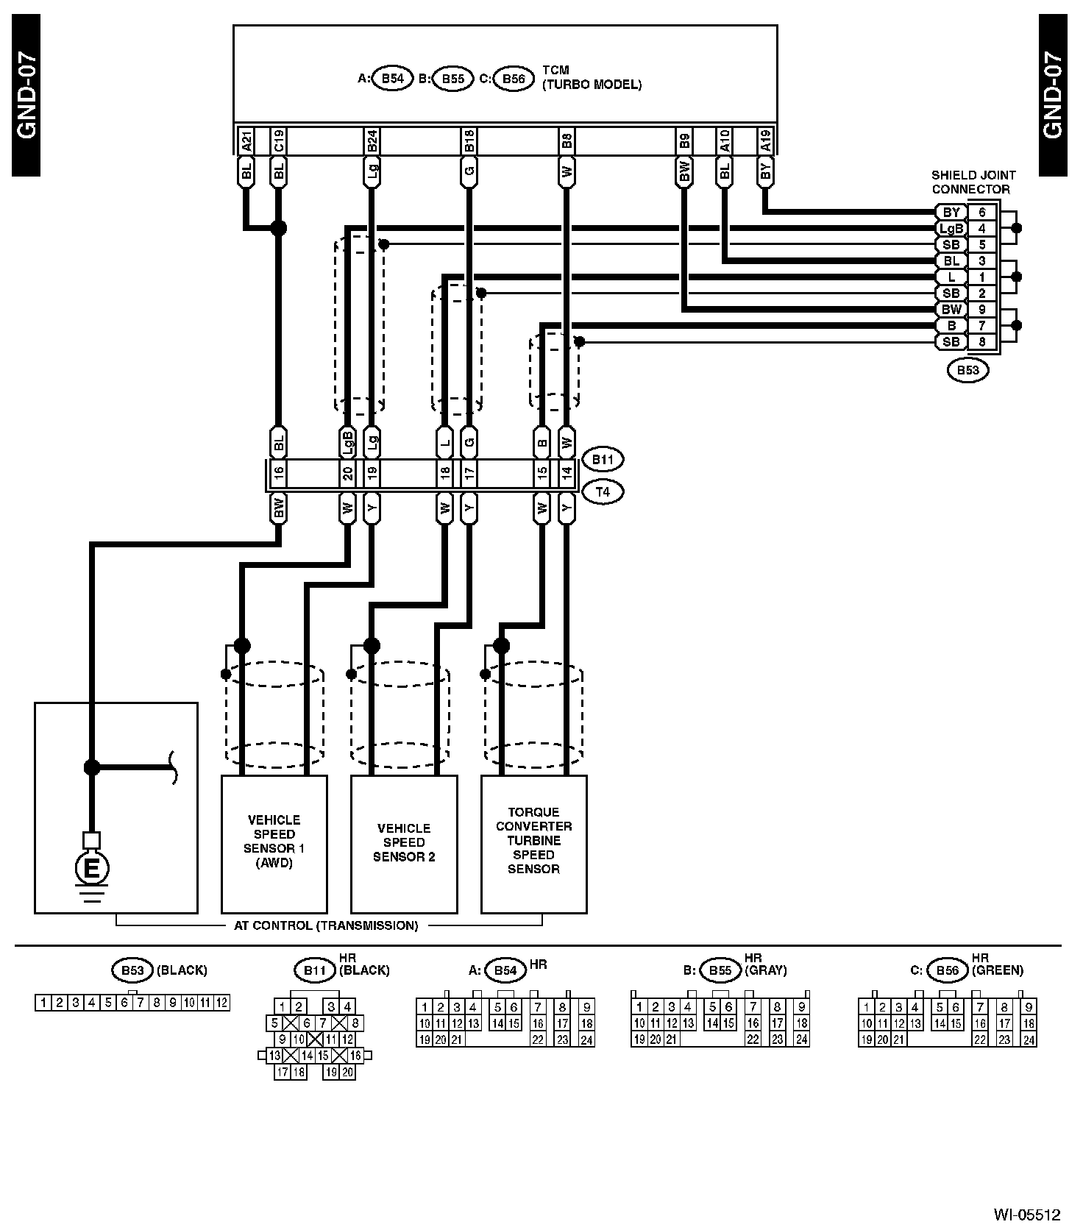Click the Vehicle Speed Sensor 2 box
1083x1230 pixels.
404,843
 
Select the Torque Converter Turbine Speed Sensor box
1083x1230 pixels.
533,843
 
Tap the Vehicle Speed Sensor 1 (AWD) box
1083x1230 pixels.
274,843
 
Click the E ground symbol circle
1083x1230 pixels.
91,869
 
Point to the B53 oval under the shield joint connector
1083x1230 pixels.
967,370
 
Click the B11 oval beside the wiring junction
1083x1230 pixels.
603,460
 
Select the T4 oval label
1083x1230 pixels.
603,491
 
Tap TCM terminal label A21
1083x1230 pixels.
246,141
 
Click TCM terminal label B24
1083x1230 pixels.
372,141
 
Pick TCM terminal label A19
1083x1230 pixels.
765,141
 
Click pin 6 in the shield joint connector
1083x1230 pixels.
982,213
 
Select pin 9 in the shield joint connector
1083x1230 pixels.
982,310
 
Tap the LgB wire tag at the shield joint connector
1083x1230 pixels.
951,229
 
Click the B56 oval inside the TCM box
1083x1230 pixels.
513,79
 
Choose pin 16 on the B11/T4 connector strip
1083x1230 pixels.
278,474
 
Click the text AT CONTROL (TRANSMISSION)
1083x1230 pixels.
326,925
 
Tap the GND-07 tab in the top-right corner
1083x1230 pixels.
1053,96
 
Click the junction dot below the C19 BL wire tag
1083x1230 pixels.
278,228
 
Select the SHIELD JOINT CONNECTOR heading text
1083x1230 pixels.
973,182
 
